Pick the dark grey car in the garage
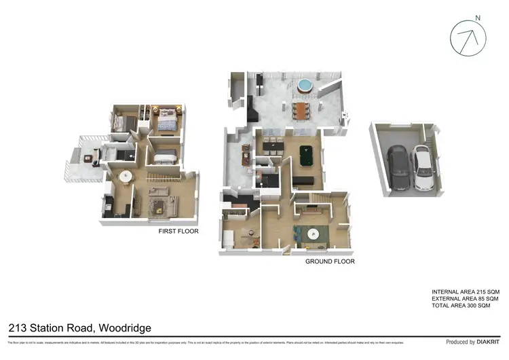click(x=398, y=169)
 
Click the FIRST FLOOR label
click(x=178, y=232)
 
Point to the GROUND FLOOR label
click(x=330, y=261)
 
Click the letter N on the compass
click(x=478, y=18)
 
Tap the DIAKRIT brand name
click(x=489, y=342)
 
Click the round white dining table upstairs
click(x=126, y=176)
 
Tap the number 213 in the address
click(x=18, y=328)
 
